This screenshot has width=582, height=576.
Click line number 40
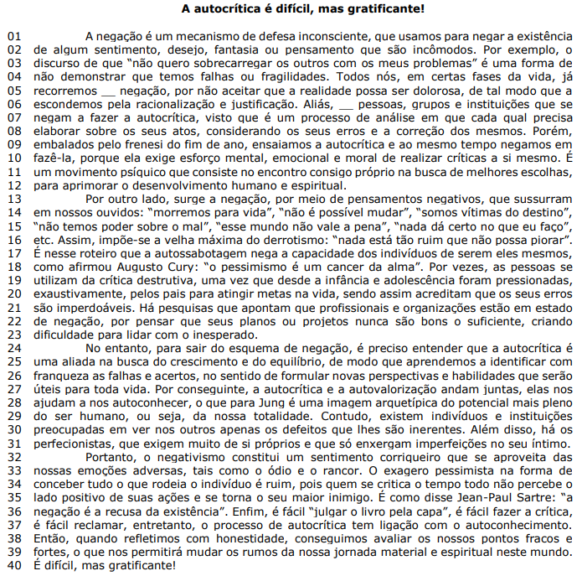16,564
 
